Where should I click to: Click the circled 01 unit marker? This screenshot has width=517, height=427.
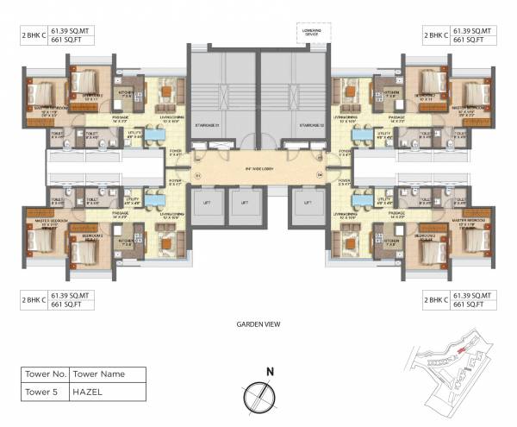tap(196, 177)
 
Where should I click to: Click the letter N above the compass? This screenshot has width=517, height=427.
tap(269, 373)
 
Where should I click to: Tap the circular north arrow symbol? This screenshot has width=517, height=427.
tap(258, 394)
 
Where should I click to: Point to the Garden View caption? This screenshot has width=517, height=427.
tap(258, 325)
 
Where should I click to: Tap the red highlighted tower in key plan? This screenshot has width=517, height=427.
tap(462, 350)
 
